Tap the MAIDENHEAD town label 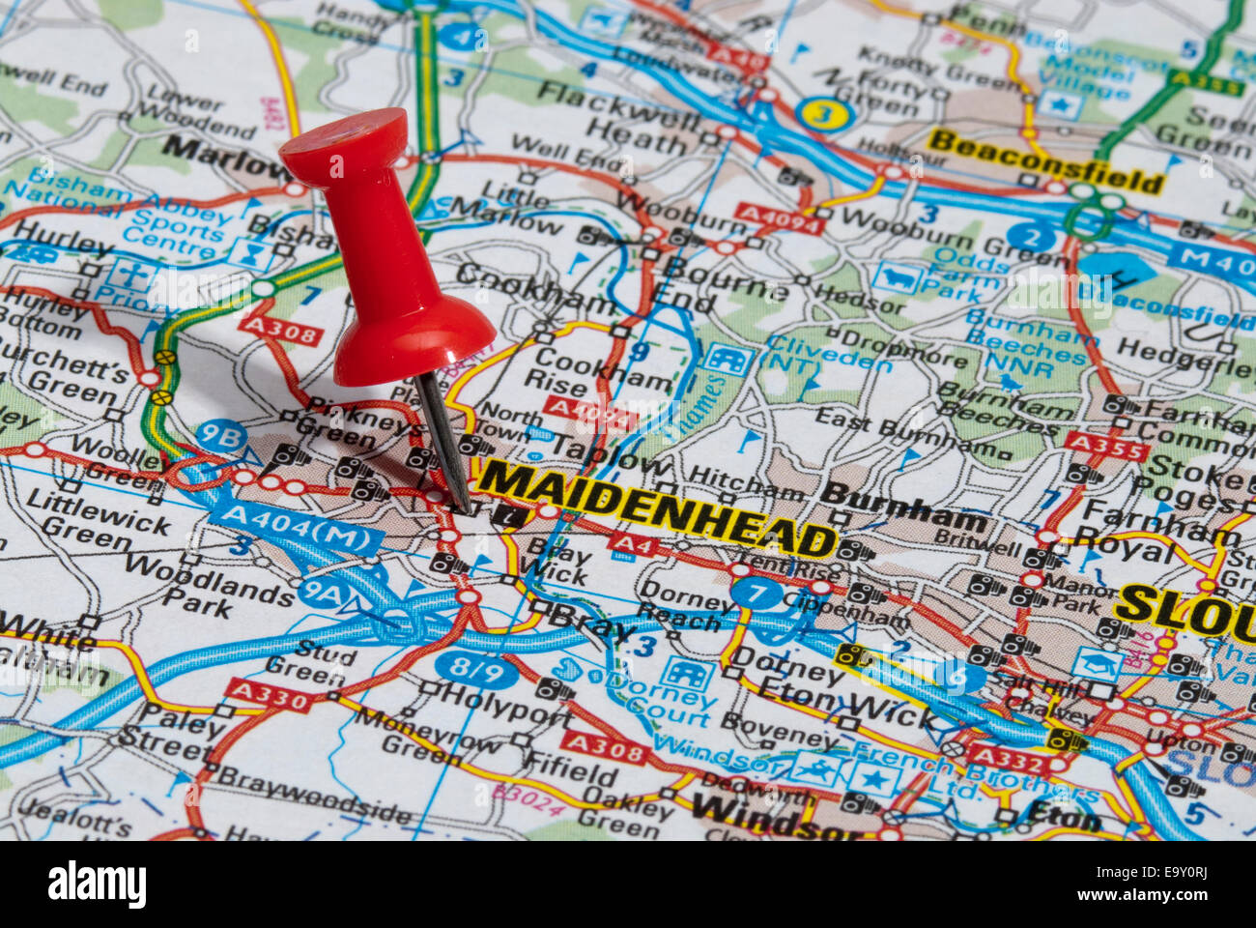click(x=657, y=508)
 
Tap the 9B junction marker click(x=220, y=436)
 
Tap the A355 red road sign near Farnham click(x=1106, y=447)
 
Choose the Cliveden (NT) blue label click(x=829, y=355)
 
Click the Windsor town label click(x=763, y=818)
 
